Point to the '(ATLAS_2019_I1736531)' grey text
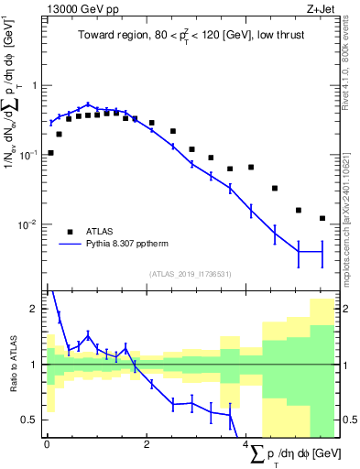coord(191,274)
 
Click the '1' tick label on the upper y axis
coord(37,85)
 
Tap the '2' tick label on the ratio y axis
coord(37,309)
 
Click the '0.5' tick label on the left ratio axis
coord(33,420)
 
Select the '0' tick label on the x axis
coord(47,446)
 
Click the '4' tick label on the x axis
coord(250,446)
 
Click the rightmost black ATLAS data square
coord(322,218)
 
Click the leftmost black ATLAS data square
coord(50,153)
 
